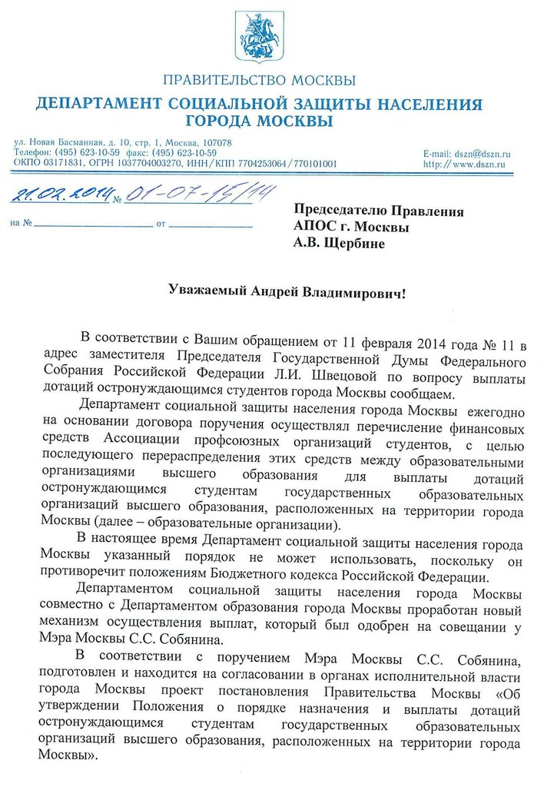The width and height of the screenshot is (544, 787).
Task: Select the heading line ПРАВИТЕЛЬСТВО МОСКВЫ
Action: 259,81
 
